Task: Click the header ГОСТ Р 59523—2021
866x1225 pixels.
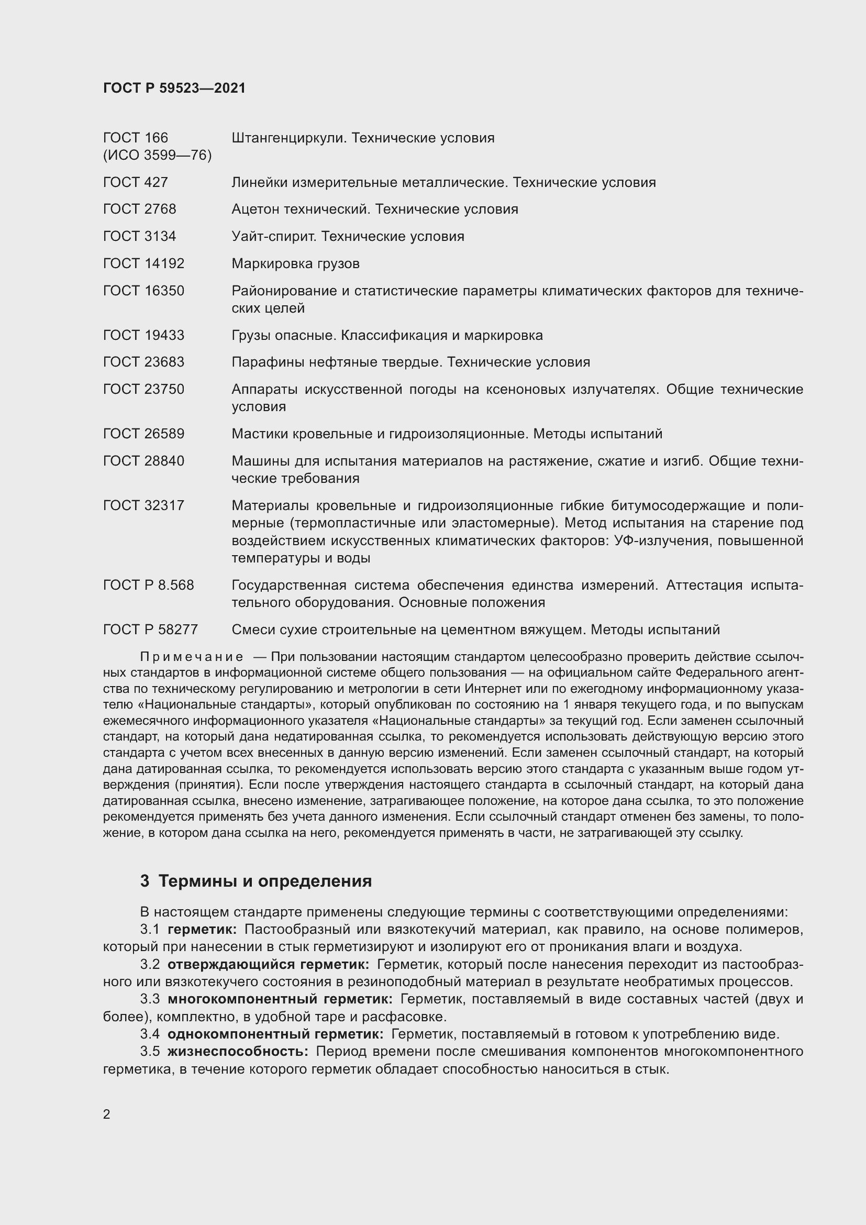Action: click(x=174, y=88)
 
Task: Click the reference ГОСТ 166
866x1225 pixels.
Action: click(x=136, y=138)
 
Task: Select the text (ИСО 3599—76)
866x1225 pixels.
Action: click(x=157, y=155)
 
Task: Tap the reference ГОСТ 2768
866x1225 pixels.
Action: click(x=139, y=209)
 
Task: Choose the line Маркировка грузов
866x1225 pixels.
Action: click(x=295, y=263)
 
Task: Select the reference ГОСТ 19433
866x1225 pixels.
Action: click(x=143, y=335)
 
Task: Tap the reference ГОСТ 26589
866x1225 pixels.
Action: click(x=143, y=434)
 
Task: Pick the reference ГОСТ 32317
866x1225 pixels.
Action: click(x=143, y=505)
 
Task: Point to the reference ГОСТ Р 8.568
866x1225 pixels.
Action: click(x=148, y=586)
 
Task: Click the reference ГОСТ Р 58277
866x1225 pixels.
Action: click(x=150, y=630)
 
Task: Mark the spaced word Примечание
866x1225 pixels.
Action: click(x=192, y=657)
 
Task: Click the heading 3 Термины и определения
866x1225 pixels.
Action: click(x=256, y=880)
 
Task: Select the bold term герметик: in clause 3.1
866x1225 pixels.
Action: click(x=202, y=930)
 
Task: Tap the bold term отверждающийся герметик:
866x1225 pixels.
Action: click(x=268, y=964)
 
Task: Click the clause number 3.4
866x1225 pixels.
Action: click(x=150, y=1034)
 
